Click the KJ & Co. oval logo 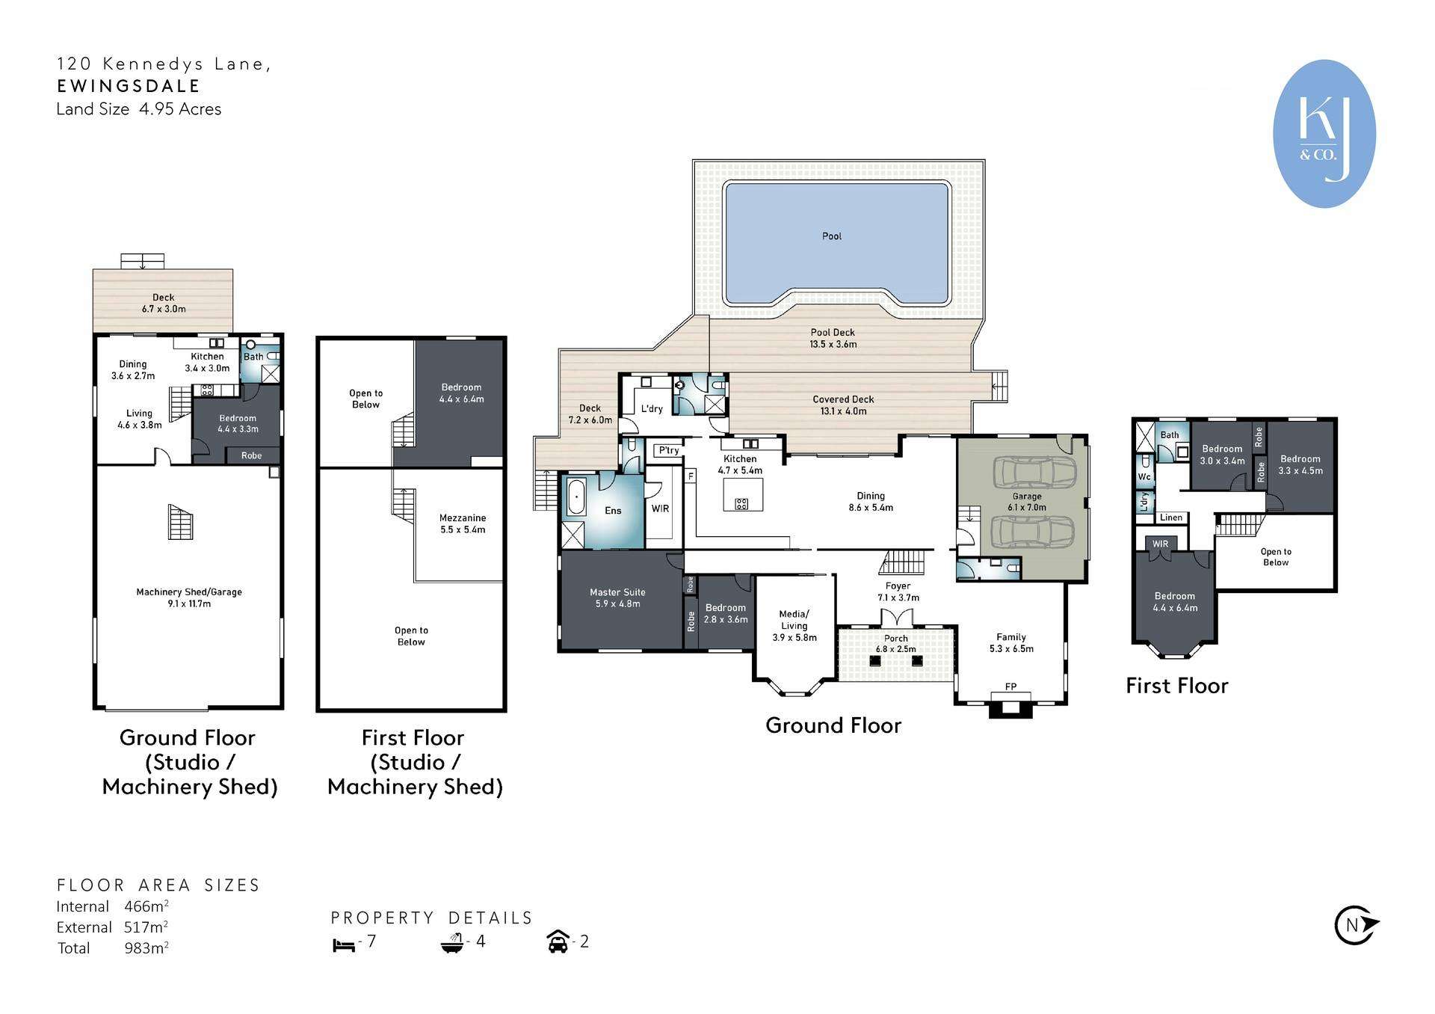coord(1324,133)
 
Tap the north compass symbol coord(1355,925)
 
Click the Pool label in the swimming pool coord(831,236)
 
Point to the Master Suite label coord(617,592)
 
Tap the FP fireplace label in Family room coord(1010,686)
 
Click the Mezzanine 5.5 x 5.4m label coord(463,523)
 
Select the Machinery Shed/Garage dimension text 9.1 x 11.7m coord(189,603)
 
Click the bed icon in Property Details coord(344,944)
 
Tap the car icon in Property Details coord(558,942)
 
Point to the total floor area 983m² coord(146,948)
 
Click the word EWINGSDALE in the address coord(129,86)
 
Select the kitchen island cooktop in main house coord(741,503)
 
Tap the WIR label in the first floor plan coord(1160,544)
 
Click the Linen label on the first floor coord(1171,517)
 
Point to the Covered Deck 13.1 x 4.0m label coord(843,405)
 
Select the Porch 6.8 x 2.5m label coord(895,644)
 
